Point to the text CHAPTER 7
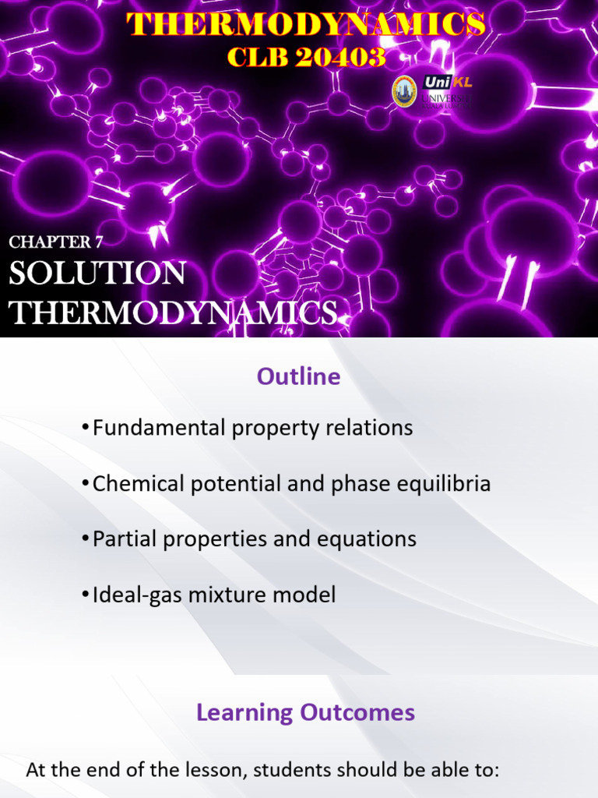coord(56,242)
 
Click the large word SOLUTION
coord(97,274)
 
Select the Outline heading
coord(299,377)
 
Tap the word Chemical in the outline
coord(133,484)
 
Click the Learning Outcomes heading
coord(305,712)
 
